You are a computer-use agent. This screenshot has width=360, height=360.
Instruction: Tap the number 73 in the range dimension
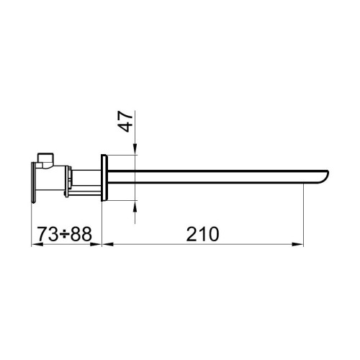coord(48,234)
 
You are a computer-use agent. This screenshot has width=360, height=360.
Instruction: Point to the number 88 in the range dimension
coord(84,234)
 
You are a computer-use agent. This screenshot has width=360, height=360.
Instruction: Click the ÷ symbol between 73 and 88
coord(66,235)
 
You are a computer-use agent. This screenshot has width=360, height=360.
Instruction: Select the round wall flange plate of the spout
coord(105,176)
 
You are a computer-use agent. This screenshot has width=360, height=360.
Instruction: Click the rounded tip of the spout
coord(325,177)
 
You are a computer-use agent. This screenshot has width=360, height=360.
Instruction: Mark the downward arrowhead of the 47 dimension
coord(135,150)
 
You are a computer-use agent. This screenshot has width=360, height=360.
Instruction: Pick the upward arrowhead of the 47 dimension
coord(135,206)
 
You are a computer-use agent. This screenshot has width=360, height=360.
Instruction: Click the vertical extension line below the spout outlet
coord(299,216)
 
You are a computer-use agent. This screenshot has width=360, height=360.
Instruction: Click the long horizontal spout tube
coord(216,177)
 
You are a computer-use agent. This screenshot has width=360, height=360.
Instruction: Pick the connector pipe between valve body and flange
coord(86,175)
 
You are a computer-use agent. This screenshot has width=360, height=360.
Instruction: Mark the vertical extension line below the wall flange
coord(102,223)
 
